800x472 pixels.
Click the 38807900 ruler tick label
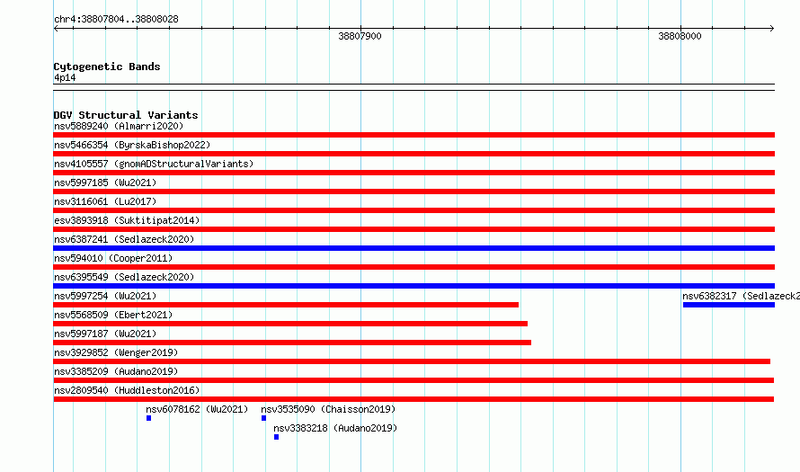coord(360,36)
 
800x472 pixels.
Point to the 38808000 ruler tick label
coord(680,36)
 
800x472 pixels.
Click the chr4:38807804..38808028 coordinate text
coord(116,20)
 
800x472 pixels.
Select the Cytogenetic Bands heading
coord(107,67)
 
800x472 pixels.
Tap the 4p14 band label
coord(65,77)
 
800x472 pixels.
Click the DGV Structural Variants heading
coord(126,115)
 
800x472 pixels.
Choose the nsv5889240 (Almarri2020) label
coord(119,126)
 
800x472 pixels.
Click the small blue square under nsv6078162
coord(148,418)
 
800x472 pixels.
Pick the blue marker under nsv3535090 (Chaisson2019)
coord(263,418)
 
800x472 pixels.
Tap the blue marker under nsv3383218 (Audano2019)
coord(277,437)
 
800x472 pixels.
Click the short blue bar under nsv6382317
coord(729,305)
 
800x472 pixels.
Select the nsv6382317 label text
coord(742,296)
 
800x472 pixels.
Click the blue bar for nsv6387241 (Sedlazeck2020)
coord(413,248)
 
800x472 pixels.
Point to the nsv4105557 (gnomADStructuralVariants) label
coord(154,164)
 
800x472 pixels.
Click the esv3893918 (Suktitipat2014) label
coord(127,220)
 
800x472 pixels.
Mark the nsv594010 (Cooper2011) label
coord(113,258)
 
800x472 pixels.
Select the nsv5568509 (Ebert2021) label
coord(113,315)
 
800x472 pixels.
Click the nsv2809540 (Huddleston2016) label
coord(127,390)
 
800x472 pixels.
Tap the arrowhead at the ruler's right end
coord(773,29)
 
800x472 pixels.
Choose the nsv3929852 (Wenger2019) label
coord(116,352)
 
